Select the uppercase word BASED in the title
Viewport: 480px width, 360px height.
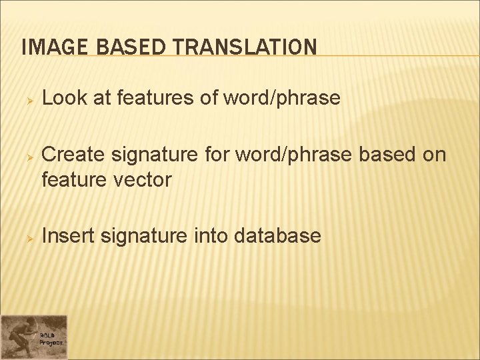pyautogui.click(x=123, y=47)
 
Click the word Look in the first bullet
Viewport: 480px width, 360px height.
pyautogui.click(x=65, y=99)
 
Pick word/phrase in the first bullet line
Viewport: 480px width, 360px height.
pyautogui.click(x=282, y=99)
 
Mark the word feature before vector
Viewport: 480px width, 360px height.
pyautogui.click(x=72, y=179)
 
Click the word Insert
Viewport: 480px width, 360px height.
pyautogui.click(x=68, y=235)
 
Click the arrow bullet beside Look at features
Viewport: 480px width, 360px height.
pyautogui.click(x=29, y=100)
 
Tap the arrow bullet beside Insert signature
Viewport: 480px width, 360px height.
pyautogui.click(x=29, y=237)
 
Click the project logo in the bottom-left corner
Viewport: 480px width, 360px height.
pyautogui.click(x=33, y=337)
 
